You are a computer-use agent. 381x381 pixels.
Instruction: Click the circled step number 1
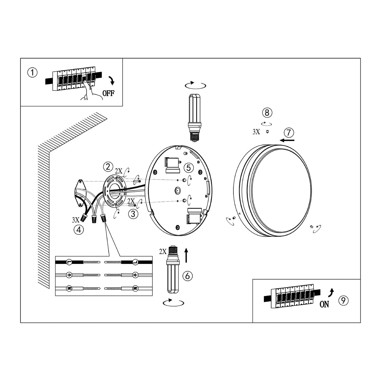(x=32, y=73)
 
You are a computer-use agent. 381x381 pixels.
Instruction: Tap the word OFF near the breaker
(x=108, y=93)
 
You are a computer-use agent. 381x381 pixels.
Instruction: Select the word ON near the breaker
(x=324, y=304)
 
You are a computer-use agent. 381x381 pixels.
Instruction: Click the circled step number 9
(x=344, y=301)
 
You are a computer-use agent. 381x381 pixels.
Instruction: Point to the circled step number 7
(x=289, y=132)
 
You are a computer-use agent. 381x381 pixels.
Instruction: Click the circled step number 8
(x=267, y=113)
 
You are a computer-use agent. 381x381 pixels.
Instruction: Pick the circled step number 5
(x=189, y=168)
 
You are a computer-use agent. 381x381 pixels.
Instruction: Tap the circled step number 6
(x=187, y=276)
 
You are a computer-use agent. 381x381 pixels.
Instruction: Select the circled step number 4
(x=79, y=230)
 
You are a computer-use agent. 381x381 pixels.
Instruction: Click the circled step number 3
(x=133, y=214)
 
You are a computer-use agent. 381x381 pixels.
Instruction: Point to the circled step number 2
(x=108, y=167)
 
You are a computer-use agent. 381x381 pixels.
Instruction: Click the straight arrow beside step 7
(x=287, y=140)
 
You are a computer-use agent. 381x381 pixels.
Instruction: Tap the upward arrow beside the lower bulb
(x=186, y=255)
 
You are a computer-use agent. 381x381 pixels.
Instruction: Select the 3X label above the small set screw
(x=256, y=132)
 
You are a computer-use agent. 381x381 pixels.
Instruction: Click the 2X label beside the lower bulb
(x=163, y=252)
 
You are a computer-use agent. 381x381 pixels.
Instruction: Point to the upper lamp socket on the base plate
(x=173, y=165)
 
